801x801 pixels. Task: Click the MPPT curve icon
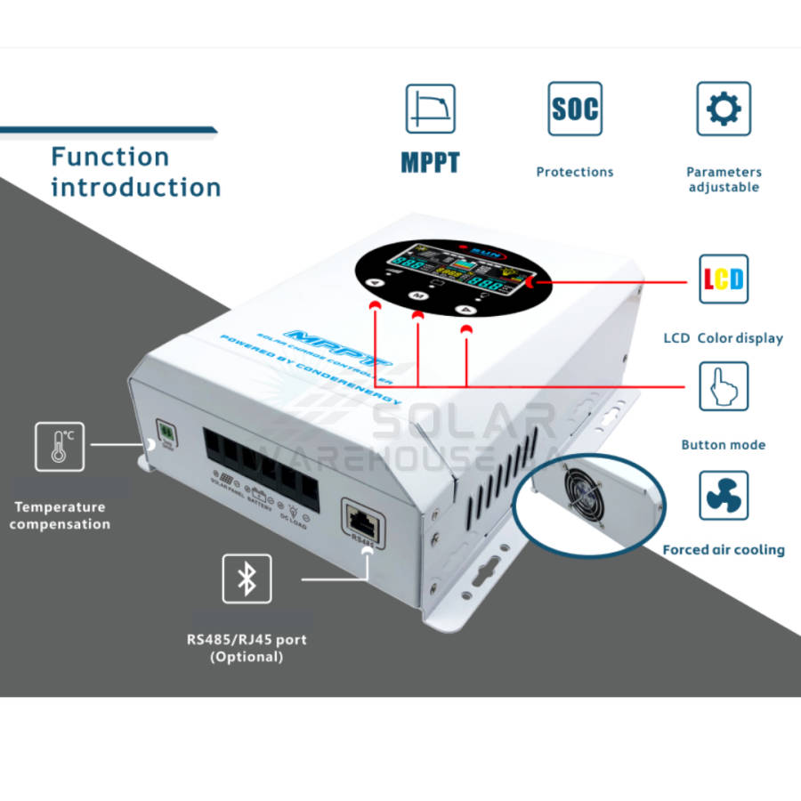430,109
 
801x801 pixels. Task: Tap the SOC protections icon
574,109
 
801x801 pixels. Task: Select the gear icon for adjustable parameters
723,109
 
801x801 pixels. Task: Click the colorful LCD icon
723,279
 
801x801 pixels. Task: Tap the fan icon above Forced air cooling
723,496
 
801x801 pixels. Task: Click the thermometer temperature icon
60,446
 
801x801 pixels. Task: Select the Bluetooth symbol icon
247,579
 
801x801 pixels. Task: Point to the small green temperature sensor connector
166,430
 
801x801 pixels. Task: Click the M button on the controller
417,295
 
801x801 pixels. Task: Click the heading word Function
109,157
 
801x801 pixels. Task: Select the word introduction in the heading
135,187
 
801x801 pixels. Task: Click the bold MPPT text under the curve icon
430,164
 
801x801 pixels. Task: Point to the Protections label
574,172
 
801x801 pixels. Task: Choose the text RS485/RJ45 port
247,639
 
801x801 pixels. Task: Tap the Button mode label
723,445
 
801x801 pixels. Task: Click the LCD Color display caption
723,338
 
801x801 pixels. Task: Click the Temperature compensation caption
60,515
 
